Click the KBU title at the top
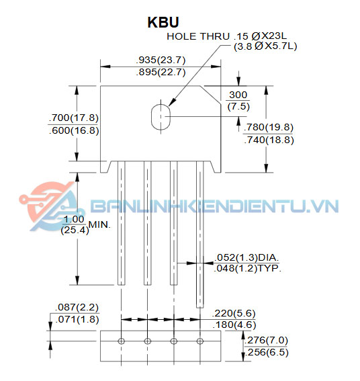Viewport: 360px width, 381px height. pyautogui.click(x=163, y=22)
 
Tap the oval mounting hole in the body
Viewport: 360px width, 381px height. pyautogui.click(x=161, y=117)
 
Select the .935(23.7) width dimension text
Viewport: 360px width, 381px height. pyautogui.click(x=161, y=60)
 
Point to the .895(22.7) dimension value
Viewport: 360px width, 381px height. pyautogui.click(x=161, y=72)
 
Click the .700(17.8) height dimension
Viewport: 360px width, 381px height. pyautogui.click(x=74, y=118)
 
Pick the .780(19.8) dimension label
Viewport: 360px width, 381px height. pyautogui.click(x=269, y=127)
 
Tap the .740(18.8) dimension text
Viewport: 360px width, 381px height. pyautogui.click(x=269, y=140)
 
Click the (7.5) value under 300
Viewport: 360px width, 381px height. pyautogui.click(x=238, y=106)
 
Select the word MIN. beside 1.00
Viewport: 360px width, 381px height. pyautogui.click(x=99, y=224)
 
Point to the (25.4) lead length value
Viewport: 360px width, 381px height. pyautogui.click(x=75, y=230)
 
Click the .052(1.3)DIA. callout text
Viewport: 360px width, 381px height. pyautogui.click(x=246, y=257)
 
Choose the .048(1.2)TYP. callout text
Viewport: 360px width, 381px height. pyautogui.click(x=247, y=268)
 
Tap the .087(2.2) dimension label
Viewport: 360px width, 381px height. pyautogui.click(x=77, y=307)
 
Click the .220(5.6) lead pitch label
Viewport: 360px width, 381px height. pyautogui.click(x=234, y=313)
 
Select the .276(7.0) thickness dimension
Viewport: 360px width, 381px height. pyautogui.click(x=266, y=340)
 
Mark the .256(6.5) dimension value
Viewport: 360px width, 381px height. pyautogui.click(x=267, y=352)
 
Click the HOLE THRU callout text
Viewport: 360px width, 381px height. pyautogui.click(x=198, y=36)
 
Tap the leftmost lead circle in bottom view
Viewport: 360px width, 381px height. pyautogui.click(x=121, y=341)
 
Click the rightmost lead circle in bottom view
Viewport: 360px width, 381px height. pyautogui.click(x=200, y=341)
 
